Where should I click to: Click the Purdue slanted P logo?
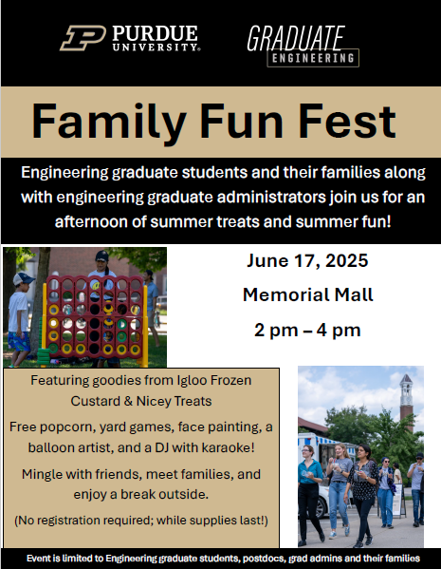point(83,38)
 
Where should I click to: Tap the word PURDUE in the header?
point(155,34)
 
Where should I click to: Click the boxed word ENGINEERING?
point(313,58)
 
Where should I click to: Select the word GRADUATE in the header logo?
point(296,38)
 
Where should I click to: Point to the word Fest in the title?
point(347,121)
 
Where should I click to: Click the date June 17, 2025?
point(307,261)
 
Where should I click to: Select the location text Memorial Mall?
point(307,294)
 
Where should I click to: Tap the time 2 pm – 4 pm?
point(307,331)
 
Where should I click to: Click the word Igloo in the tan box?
point(193,380)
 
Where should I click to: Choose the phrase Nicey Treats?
point(174,402)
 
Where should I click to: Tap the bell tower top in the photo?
point(406,380)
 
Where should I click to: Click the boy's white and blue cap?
point(23,278)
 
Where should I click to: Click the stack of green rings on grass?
point(45,355)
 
